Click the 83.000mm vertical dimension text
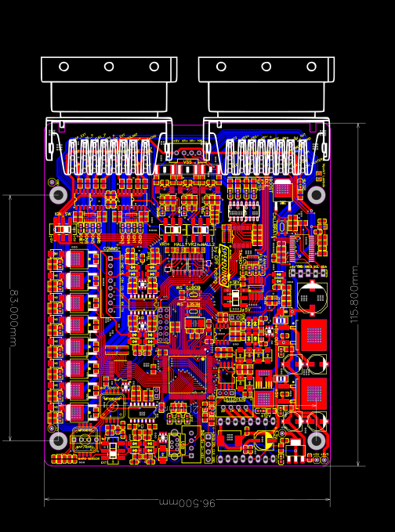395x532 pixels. tap(13, 317)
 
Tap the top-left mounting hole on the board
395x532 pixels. tap(59, 194)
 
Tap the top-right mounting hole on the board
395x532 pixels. tap(316, 194)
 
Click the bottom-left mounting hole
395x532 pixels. tap(59, 440)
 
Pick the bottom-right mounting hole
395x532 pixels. tap(316, 440)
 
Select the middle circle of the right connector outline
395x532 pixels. tap(266, 67)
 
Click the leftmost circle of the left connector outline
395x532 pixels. tap(63, 67)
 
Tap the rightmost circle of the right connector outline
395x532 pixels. tap(311, 67)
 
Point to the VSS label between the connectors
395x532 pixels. tap(187, 161)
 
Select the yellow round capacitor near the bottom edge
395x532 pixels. tap(265, 441)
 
